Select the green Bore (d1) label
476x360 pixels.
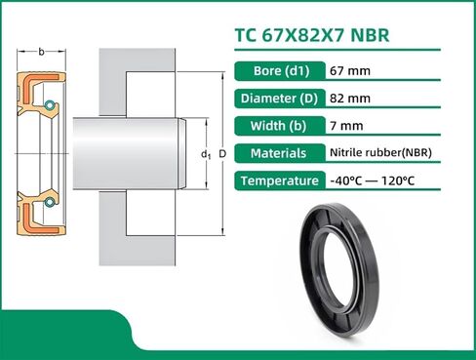(279, 71)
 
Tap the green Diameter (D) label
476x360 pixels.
(279, 99)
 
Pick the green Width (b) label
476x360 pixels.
(279, 126)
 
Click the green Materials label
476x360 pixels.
(279, 153)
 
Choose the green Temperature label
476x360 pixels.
(279, 180)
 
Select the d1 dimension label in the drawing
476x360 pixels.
(206, 155)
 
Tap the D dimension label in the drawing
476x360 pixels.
(222, 155)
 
